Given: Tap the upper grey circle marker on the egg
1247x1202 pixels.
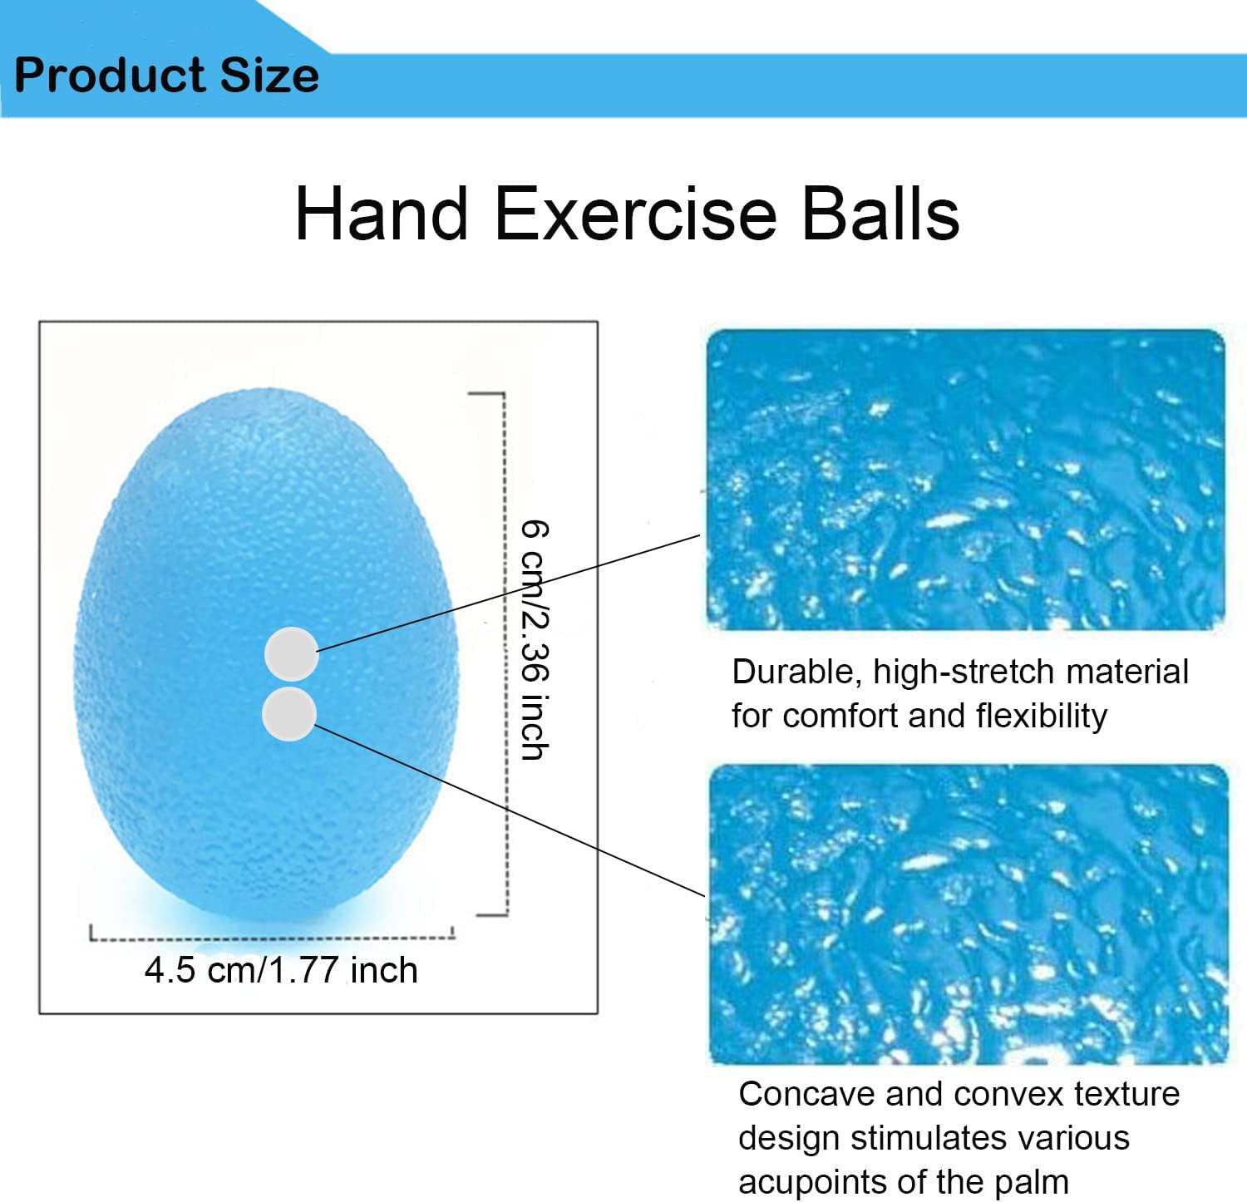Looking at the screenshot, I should [x=291, y=653].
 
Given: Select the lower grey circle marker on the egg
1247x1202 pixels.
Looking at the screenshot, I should [x=288, y=713].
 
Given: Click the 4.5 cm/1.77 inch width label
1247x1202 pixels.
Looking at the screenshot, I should [x=281, y=970].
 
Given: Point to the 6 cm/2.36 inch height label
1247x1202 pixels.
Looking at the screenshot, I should [x=535, y=640].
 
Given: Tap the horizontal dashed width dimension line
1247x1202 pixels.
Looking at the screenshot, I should [x=273, y=939].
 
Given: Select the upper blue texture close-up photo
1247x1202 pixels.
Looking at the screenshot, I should [x=965, y=479].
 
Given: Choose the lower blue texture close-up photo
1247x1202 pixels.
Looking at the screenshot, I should [x=968, y=914].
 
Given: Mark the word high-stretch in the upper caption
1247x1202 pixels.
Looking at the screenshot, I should [x=963, y=672].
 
